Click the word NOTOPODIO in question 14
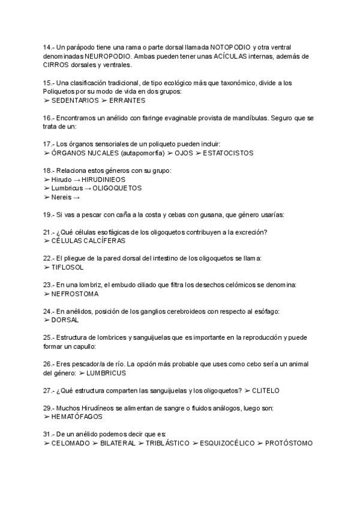coord(226,47)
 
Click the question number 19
coord(49,214)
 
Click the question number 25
coord(49,338)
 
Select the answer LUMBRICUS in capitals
coord(106,373)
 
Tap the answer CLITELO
coord(265,391)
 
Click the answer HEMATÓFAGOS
coord(77,417)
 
